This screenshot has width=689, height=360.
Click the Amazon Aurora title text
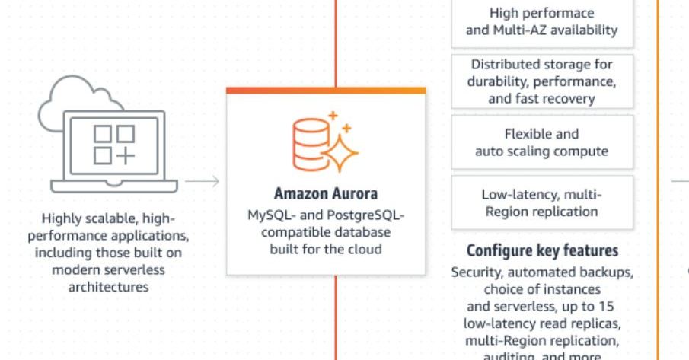(x=326, y=194)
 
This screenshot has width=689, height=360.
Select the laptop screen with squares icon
(x=114, y=144)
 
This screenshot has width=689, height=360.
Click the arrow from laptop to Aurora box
(x=202, y=181)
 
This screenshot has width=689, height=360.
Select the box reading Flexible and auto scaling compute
(x=541, y=142)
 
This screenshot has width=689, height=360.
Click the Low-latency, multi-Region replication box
(x=541, y=203)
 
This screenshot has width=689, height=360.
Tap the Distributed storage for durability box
(x=541, y=81)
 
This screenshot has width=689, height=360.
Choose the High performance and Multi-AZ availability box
(x=541, y=22)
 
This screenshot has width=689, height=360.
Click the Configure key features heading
(x=542, y=251)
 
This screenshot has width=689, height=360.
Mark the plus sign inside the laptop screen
(x=126, y=155)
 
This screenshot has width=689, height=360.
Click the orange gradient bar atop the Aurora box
(x=326, y=90)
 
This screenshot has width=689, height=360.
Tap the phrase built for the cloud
(x=326, y=249)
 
